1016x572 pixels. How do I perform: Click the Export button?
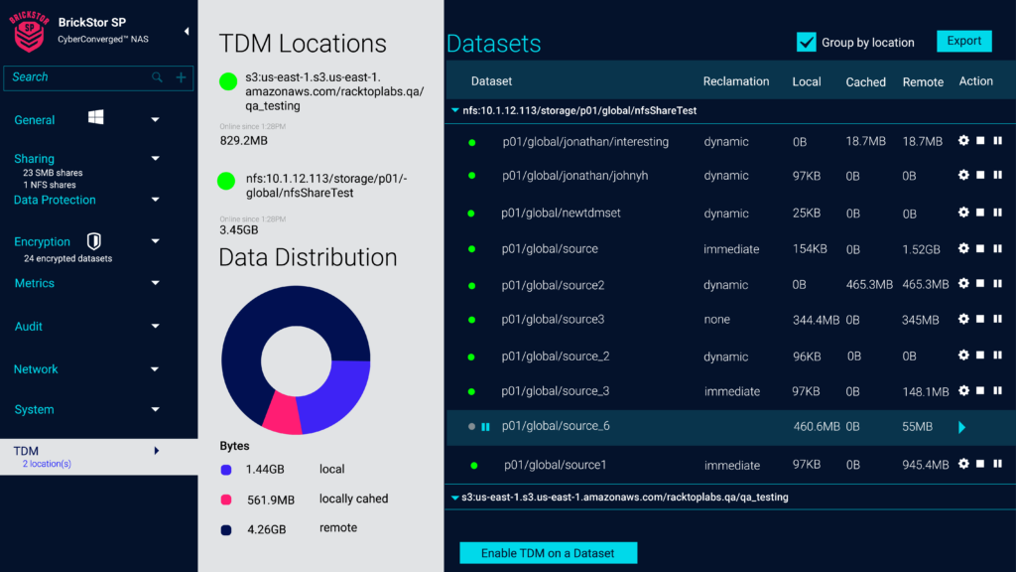(963, 41)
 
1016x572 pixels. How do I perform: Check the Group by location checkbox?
(806, 42)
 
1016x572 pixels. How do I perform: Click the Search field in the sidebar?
(79, 77)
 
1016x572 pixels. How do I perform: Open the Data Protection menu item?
(55, 200)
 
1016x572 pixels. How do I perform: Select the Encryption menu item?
(42, 241)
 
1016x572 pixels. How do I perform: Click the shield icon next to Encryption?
(93, 240)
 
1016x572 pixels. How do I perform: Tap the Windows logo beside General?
(96, 118)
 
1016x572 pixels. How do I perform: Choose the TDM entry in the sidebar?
(27, 451)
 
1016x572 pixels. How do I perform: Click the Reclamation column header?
(735, 81)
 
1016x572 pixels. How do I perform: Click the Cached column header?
(865, 82)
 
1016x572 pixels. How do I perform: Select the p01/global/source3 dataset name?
(553, 320)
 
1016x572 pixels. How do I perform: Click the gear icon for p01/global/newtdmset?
(962, 213)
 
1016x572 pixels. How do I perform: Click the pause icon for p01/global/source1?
(997, 464)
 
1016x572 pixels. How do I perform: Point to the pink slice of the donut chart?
(281, 414)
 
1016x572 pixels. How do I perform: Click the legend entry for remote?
(337, 528)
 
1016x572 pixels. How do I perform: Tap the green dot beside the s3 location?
(228, 81)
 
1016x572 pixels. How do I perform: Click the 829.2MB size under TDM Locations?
(243, 141)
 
